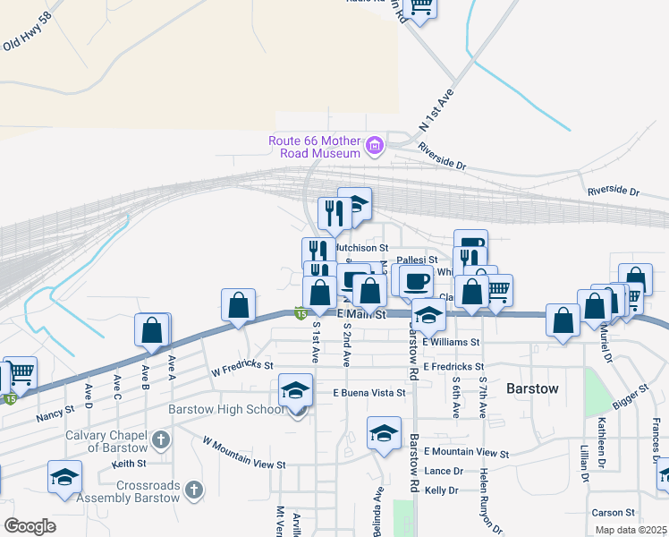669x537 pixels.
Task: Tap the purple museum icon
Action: [x=374, y=144]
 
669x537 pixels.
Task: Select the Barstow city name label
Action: [x=532, y=389]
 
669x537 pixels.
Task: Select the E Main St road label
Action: [x=361, y=314]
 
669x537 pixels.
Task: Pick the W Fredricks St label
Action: [x=241, y=367]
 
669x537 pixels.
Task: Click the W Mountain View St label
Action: [x=243, y=453]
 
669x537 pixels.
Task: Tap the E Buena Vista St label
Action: [x=369, y=393]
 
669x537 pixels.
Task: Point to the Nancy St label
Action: [x=54, y=417]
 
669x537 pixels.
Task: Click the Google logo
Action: [x=30, y=525]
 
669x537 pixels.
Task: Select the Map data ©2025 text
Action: [x=631, y=530]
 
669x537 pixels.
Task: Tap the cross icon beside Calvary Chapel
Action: [x=161, y=439]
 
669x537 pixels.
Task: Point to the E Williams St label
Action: [x=452, y=342]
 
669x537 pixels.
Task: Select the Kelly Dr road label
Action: [x=442, y=490]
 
